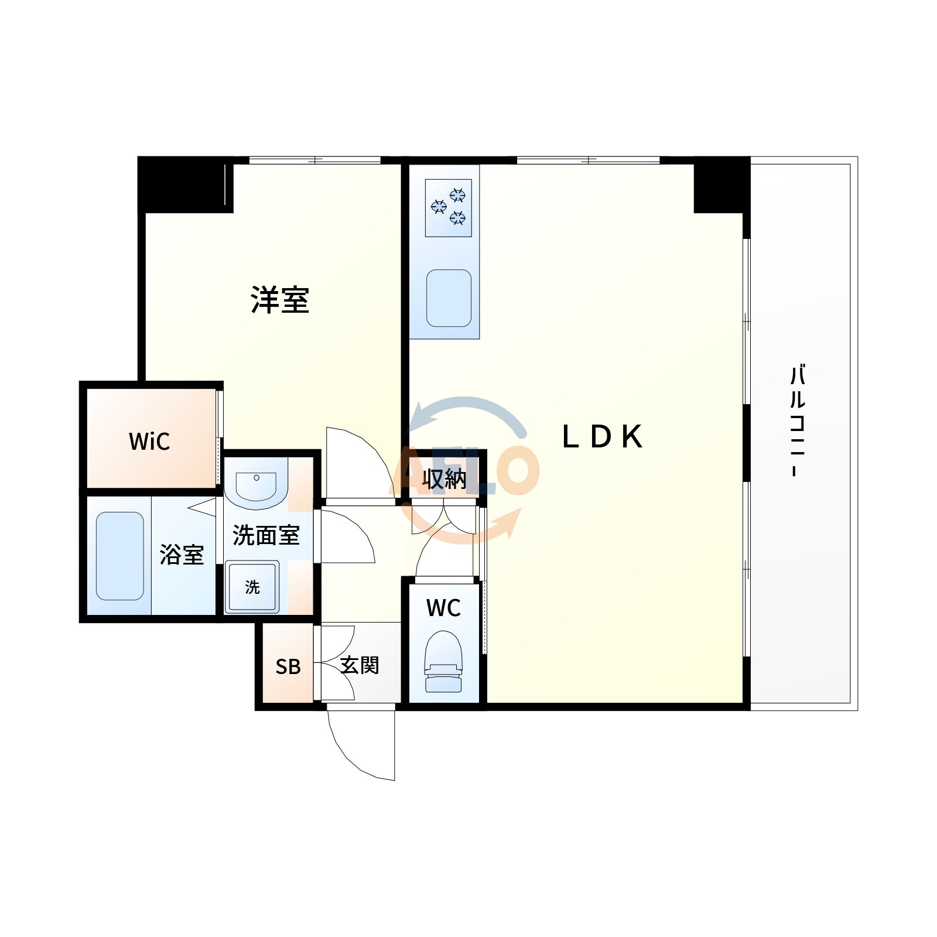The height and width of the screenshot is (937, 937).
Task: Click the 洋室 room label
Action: point(280,300)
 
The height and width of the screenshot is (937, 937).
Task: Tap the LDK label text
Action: point(602,436)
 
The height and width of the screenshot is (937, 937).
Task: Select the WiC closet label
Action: point(149,442)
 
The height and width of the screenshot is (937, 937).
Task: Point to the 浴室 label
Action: point(182,554)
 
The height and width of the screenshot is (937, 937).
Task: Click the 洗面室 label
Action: point(266,535)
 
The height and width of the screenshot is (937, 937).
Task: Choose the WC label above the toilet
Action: point(443,608)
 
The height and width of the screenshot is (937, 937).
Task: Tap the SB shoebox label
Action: point(288,666)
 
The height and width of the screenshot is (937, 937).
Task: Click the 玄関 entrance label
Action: point(360,665)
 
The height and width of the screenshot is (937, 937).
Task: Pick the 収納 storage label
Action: point(444,479)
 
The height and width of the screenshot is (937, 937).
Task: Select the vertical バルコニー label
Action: point(797,420)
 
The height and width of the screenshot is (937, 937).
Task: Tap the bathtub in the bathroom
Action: point(120,556)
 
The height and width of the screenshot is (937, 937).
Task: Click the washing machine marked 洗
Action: point(252,587)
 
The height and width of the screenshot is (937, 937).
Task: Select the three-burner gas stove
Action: point(449,207)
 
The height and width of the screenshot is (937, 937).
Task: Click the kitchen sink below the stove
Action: point(449,298)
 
